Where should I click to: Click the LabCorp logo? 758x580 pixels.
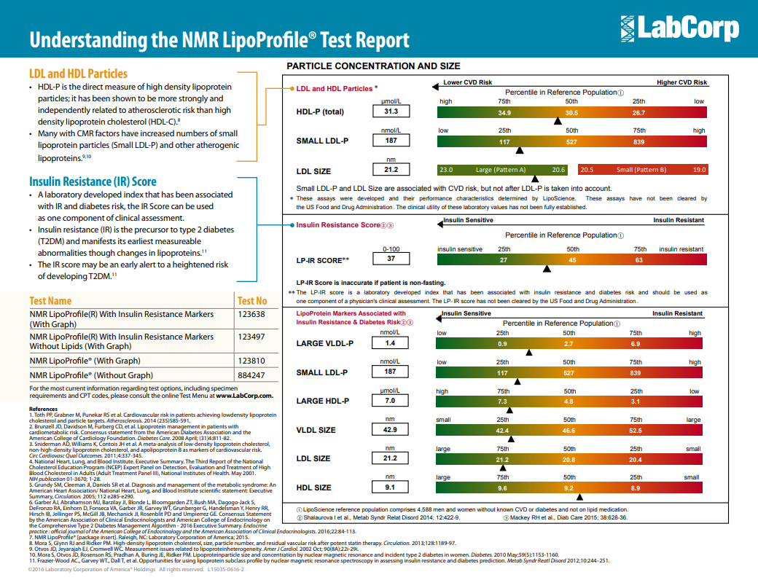click(x=679, y=28)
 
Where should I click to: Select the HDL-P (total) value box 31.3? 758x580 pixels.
click(x=391, y=111)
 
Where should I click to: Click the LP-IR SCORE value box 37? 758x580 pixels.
click(x=391, y=259)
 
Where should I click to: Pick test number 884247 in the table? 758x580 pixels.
click(x=251, y=375)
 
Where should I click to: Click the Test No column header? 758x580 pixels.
click(x=252, y=300)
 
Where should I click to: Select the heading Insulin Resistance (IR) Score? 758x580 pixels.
click(x=93, y=181)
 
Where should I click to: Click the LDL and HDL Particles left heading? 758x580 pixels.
click(x=78, y=74)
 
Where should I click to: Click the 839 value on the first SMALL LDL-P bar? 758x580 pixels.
click(x=638, y=142)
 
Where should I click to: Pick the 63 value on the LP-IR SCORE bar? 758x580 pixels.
click(x=638, y=259)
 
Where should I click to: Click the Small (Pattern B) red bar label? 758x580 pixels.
click(x=641, y=170)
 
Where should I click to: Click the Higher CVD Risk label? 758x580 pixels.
click(x=681, y=82)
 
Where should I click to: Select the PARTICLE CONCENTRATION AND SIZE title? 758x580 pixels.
click(x=373, y=66)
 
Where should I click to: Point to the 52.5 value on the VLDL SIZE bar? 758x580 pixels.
click(x=636, y=431)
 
